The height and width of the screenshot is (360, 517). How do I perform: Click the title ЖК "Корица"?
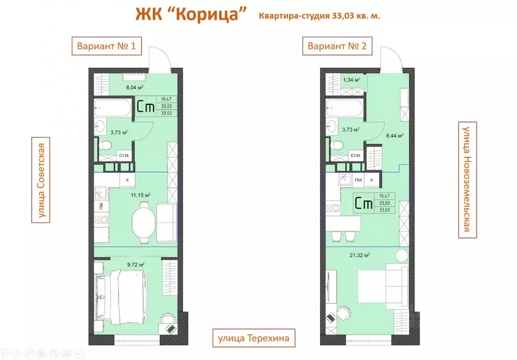pyautogui.click(x=191, y=15)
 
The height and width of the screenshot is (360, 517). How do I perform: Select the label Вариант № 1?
pyautogui.click(x=107, y=47)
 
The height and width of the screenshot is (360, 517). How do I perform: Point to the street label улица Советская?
pyautogui.click(x=41, y=182)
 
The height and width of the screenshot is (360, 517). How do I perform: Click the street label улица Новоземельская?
pyautogui.click(x=467, y=179)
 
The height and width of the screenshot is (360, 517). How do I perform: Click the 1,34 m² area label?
pyautogui.click(x=351, y=80)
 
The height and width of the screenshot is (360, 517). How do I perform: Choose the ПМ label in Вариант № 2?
pyautogui.click(x=358, y=180)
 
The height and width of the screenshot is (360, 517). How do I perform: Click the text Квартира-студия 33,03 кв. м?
pyautogui.click(x=319, y=16)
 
